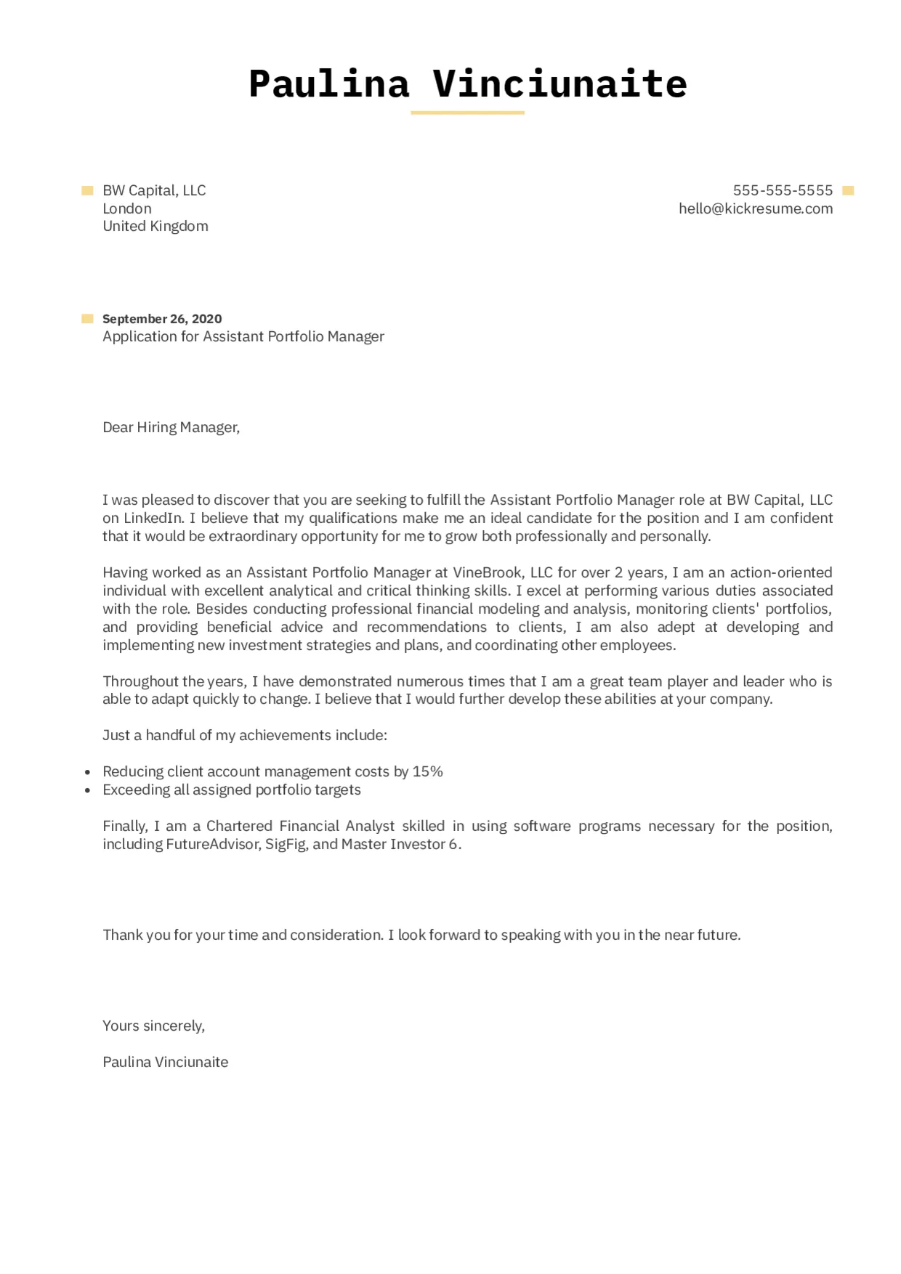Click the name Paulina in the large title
[x=328, y=84]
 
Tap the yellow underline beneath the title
[x=467, y=113]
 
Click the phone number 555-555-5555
[x=783, y=190]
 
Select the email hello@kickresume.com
[x=755, y=208]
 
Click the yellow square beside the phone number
[x=847, y=191]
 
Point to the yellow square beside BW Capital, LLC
[x=87, y=191]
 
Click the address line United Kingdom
[x=155, y=226]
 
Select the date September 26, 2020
[x=162, y=319]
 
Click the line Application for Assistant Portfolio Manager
[x=243, y=336]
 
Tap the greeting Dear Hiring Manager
[x=171, y=427]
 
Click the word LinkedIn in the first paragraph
[x=153, y=518]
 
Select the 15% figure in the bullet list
[x=427, y=771]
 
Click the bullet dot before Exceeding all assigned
[x=88, y=790]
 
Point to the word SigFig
[x=285, y=844]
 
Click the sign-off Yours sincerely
[x=153, y=1026]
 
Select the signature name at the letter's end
[x=165, y=1062]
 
